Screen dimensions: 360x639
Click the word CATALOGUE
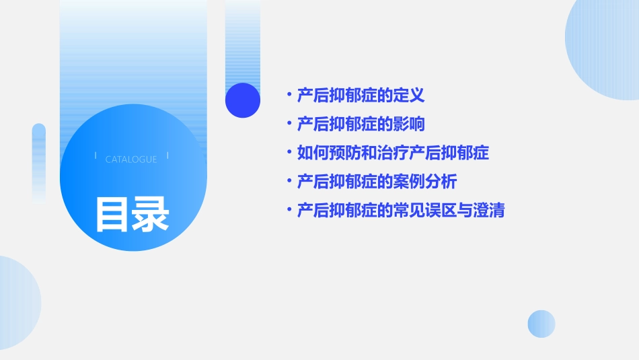coord(131,159)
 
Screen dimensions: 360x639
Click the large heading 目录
coord(131,214)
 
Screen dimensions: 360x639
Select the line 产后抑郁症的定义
coord(361,96)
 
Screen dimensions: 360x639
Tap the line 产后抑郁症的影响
coord(361,124)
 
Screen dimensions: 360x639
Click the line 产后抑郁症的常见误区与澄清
coord(401,211)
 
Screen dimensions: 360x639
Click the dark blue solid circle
coord(243,100)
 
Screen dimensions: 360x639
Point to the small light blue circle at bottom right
coord(541,324)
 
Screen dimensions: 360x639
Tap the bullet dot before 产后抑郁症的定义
coord(289,96)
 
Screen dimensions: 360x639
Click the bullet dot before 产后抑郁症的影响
coord(289,124)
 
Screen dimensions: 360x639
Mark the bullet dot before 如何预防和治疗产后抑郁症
coord(289,153)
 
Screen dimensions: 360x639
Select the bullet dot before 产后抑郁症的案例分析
coord(289,182)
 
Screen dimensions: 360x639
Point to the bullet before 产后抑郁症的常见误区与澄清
coord(289,211)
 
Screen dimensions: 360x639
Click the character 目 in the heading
coord(112,214)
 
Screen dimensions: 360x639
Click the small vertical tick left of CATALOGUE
coord(96,156)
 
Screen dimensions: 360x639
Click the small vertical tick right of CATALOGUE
coord(167,156)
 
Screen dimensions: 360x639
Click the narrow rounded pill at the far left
coord(39,161)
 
